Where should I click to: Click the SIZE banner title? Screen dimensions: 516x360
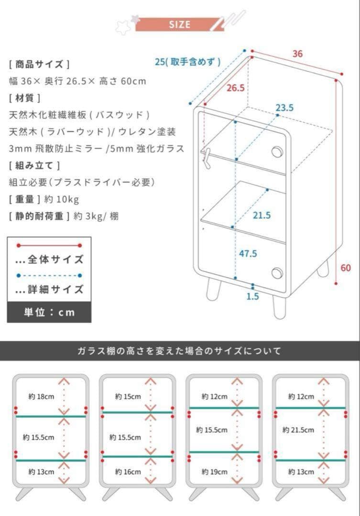tap(179, 24)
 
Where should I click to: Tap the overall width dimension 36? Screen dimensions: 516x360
tap(297, 54)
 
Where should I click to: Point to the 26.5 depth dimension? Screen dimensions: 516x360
tap(236, 88)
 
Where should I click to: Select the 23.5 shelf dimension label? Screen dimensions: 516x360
tap(284, 107)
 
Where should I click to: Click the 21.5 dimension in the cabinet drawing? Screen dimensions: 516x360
tap(262, 215)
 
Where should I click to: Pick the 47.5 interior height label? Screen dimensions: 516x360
tap(248, 253)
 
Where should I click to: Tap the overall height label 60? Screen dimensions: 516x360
tap(346, 268)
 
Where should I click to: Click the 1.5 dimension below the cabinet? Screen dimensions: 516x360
tap(252, 296)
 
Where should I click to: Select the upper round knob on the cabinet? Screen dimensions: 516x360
tap(276, 151)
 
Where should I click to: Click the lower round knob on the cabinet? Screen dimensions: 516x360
tap(277, 273)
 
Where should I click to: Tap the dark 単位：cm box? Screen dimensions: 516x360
tap(49, 312)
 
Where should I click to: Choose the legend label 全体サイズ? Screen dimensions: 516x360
tap(49, 260)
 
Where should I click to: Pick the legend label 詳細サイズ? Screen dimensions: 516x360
tap(49, 290)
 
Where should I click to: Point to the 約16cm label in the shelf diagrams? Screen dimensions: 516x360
tap(128, 472)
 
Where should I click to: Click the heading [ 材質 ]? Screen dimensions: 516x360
tap(24, 98)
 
